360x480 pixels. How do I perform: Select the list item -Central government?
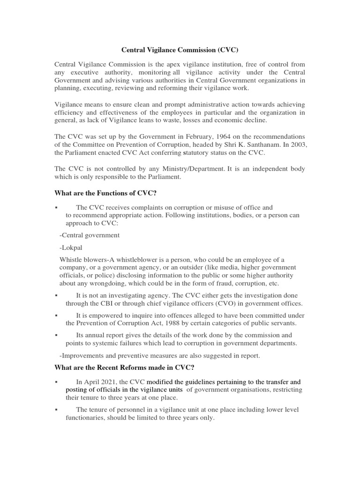pyautogui.click(x=90, y=235)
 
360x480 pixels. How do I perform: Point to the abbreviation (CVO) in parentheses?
pyautogui.click(x=199, y=303)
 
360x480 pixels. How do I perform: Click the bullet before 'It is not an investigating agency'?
pyautogui.click(x=56, y=295)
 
